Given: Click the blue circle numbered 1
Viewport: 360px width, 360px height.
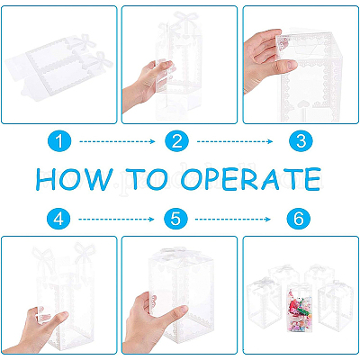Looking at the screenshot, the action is (59, 141).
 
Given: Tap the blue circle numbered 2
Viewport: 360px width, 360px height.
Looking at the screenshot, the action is (177, 141).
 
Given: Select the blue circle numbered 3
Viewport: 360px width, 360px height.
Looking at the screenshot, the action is (301, 141).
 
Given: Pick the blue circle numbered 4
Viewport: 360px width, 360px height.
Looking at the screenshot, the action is (58, 219).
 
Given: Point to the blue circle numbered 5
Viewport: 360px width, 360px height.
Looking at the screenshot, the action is (175, 219).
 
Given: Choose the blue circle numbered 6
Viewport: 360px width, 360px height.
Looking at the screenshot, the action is (298, 219).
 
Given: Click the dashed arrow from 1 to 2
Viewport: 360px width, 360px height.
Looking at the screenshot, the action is (117, 141).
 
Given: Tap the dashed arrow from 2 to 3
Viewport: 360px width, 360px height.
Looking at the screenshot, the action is (235, 141).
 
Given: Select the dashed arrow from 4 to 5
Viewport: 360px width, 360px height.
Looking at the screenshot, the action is (116, 220).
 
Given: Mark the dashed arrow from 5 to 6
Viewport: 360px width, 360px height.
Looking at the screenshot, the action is (233, 220).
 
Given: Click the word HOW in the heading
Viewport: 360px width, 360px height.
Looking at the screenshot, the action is (75, 179).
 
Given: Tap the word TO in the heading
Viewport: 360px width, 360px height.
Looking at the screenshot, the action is (147, 179).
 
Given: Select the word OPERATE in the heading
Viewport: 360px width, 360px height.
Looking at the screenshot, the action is (250, 179).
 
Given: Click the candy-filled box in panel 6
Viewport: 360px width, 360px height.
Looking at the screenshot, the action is (300, 308).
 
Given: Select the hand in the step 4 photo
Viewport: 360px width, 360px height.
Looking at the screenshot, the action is (40, 330).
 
